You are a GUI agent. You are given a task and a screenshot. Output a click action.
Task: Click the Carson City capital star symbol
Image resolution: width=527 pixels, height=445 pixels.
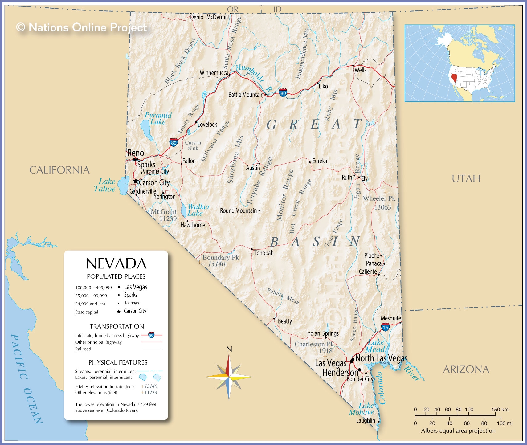[x=136, y=181]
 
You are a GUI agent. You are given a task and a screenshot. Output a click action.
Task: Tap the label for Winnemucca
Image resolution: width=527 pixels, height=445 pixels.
[x=214, y=73]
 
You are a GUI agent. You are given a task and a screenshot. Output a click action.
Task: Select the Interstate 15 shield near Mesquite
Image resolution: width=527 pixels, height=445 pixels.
[x=385, y=327]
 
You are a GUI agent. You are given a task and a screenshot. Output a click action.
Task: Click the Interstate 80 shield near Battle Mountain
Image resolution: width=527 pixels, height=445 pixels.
[x=283, y=92]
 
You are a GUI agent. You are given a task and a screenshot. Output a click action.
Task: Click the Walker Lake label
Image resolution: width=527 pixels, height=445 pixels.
[x=198, y=210]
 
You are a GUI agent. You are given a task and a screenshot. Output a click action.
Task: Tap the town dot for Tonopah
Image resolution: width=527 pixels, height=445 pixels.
[x=252, y=249]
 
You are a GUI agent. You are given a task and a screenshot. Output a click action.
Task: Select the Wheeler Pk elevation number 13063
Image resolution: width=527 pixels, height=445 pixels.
[x=382, y=207]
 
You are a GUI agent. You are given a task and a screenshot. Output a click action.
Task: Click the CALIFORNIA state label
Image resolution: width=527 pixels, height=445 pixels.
[x=59, y=170]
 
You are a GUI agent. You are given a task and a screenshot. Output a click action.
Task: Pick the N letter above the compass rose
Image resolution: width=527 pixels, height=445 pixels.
[x=229, y=349]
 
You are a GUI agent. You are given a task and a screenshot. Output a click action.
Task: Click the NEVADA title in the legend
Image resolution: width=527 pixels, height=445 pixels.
[x=116, y=264]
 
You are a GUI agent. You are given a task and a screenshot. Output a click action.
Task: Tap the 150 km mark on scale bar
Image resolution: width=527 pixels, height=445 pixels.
[x=500, y=410]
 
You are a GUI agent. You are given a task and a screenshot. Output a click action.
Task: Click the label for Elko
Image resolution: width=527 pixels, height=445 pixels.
[x=323, y=86]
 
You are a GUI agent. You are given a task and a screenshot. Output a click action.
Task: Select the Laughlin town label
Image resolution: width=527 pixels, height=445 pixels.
[x=366, y=421]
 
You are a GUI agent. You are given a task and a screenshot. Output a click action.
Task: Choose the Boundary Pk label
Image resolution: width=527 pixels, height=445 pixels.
[x=220, y=258]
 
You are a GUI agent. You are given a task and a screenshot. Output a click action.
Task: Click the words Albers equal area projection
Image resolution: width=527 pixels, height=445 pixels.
[x=458, y=431]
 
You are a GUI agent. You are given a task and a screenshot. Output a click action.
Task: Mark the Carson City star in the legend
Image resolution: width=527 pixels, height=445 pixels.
[x=119, y=312]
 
